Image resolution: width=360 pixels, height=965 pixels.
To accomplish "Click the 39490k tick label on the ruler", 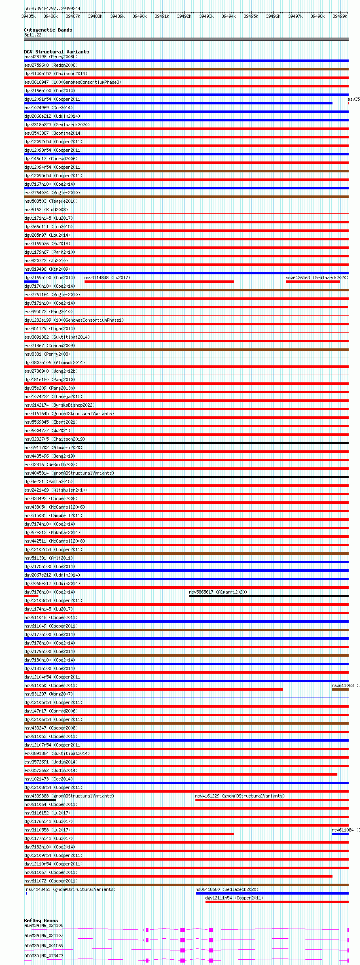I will (x=140, y=16).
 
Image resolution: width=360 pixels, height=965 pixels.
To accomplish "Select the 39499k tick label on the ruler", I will (x=340, y=16).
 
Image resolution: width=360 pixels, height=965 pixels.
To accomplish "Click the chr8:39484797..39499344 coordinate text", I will (x=52, y=8).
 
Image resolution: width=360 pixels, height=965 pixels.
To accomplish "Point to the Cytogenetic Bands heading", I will (x=48, y=30).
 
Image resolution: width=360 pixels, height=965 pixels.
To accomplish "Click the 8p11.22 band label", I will (x=33, y=35).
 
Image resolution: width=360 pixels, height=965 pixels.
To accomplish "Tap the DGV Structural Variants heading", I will (x=56, y=52).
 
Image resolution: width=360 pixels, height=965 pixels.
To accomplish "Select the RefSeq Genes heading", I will (x=41, y=920).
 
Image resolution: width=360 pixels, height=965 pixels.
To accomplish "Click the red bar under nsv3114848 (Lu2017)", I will (x=159, y=282).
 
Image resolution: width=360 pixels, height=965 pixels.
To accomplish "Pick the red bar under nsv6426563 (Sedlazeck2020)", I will (x=313, y=282).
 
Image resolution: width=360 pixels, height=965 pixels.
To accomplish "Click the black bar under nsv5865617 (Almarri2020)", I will (x=269, y=596).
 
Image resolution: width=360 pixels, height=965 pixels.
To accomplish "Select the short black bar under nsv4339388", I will (x=40, y=800).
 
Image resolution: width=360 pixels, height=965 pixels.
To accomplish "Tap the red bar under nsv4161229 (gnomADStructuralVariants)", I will (x=271, y=800).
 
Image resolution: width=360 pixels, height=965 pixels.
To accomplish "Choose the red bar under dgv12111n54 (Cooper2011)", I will (x=277, y=902).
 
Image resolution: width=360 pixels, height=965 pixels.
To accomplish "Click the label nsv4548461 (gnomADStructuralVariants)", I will (x=71, y=889).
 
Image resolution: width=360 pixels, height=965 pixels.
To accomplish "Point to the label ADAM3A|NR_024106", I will (x=44, y=925).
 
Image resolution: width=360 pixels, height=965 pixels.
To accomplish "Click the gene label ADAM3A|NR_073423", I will (x=44, y=956).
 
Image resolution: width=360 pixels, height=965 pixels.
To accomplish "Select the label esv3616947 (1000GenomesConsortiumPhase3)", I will (x=73, y=82).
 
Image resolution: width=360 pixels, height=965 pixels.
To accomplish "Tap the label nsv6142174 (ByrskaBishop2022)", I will (x=59, y=405).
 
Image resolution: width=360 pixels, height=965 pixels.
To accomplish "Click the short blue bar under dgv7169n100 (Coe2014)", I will (x=31, y=282).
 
